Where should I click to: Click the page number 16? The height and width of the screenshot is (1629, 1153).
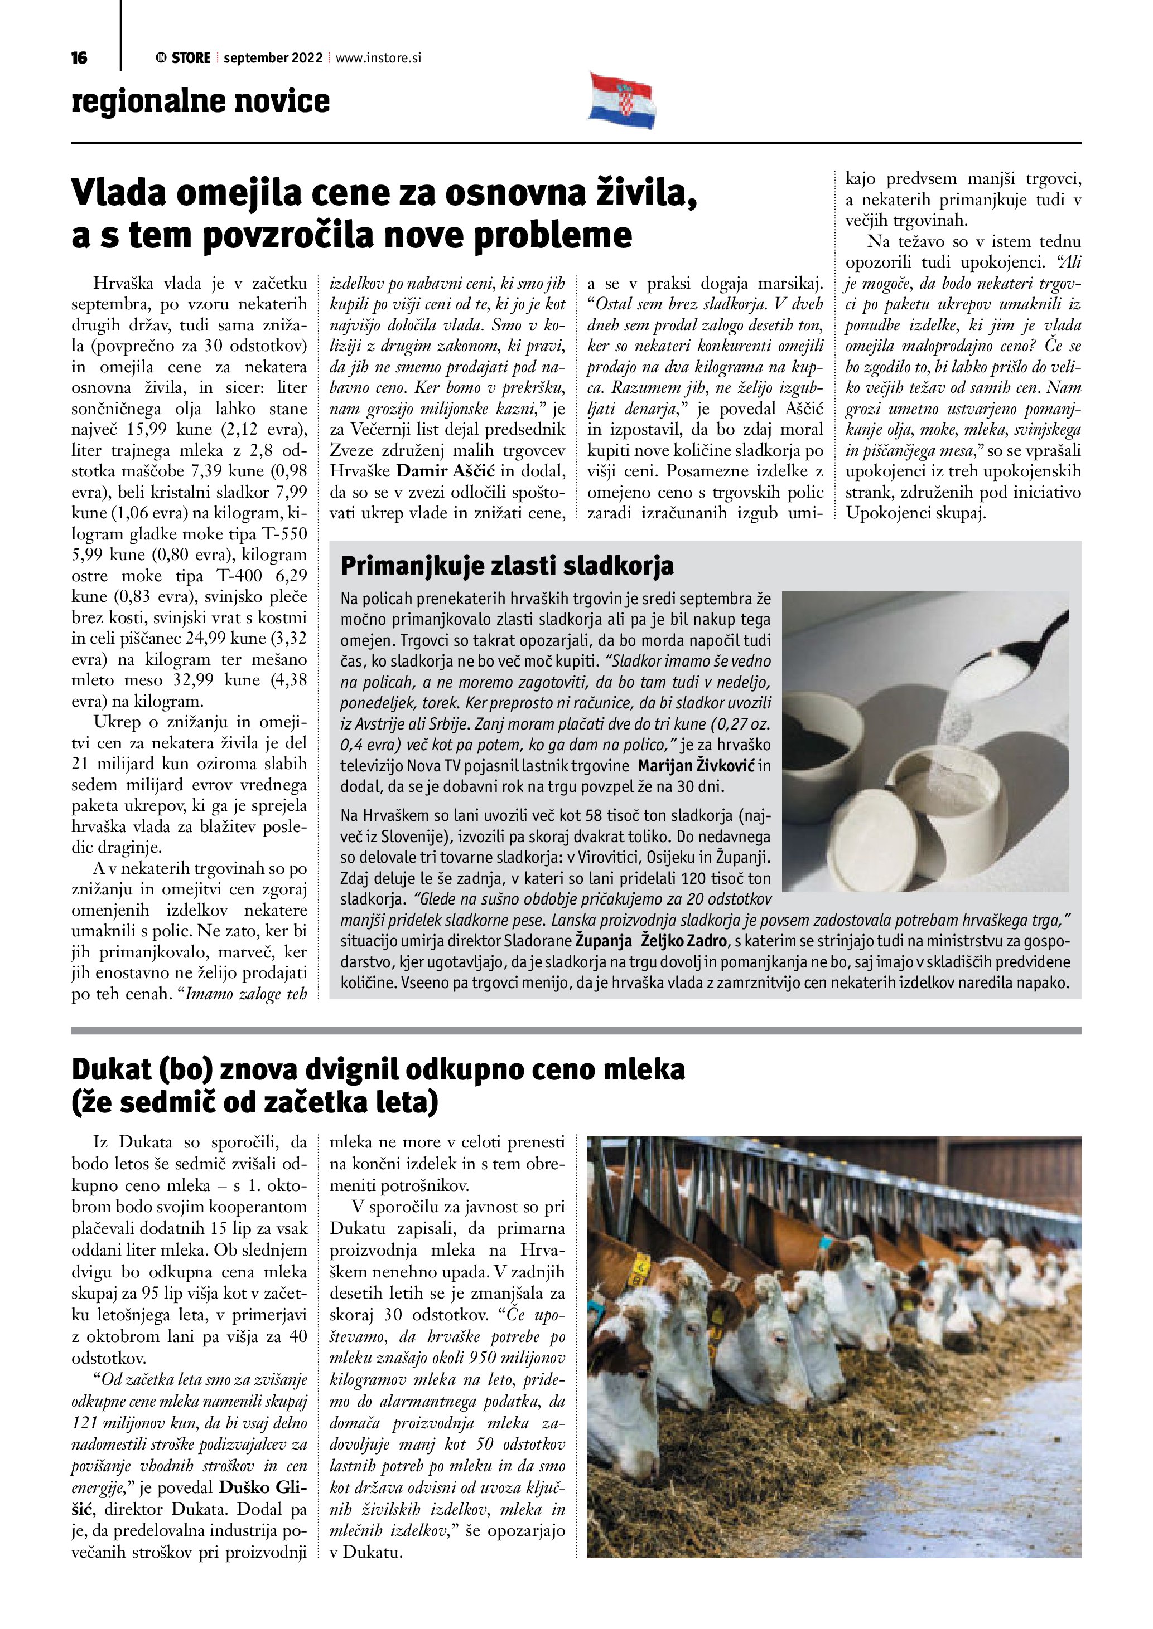coord(80,58)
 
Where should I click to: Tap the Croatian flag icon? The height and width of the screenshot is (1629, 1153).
coord(622,101)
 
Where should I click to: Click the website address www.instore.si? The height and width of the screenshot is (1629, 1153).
coord(378,58)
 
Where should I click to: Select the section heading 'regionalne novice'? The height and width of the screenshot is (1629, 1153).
coord(200,101)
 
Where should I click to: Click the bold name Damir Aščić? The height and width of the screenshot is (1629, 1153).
coord(446,471)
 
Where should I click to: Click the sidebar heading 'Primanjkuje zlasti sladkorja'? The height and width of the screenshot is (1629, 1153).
coord(507,566)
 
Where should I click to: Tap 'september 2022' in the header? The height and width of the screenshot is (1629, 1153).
coord(273,58)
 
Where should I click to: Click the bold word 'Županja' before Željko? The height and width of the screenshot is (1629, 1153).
coord(604,941)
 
